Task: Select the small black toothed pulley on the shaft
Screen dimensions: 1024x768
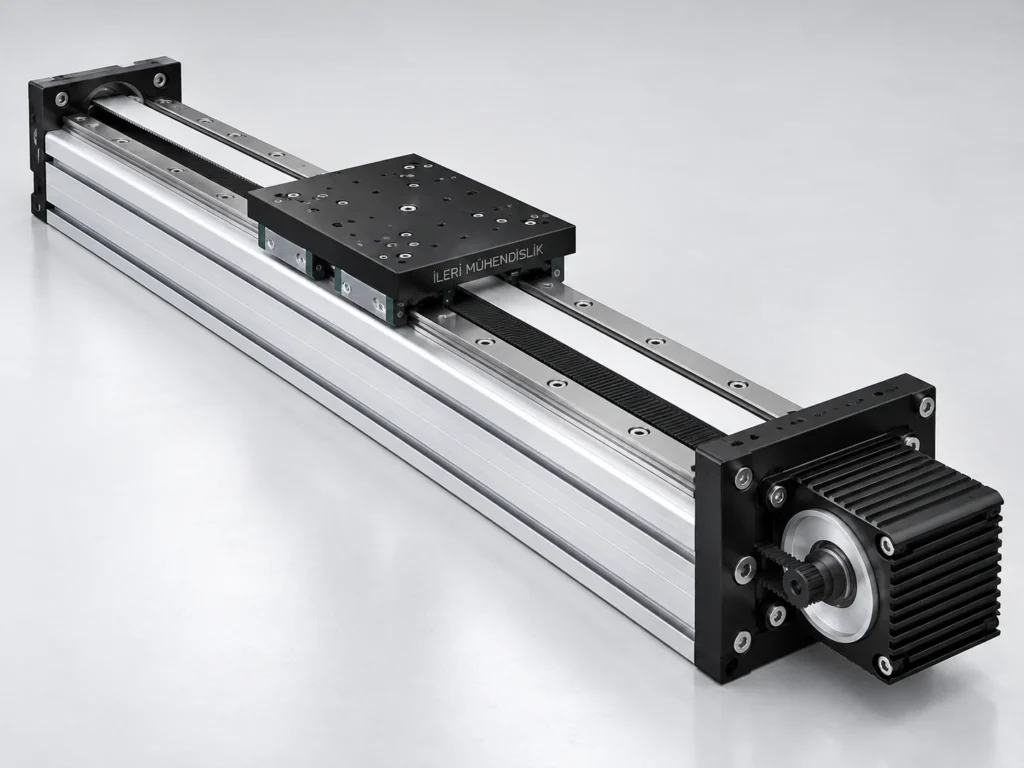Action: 799,575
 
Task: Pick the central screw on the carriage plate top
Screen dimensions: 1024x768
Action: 408,208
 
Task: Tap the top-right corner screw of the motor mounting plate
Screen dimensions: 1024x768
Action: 926,406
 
